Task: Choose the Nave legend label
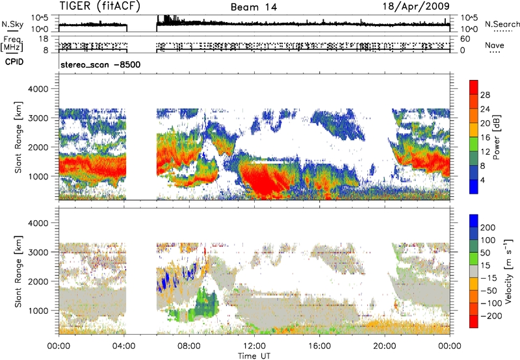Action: pyautogui.click(x=497, y=45)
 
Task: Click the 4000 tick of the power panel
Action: pyautogui.click(x=44, y=88)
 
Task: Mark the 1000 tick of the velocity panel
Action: pyautogui.click(x=44, y=311)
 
